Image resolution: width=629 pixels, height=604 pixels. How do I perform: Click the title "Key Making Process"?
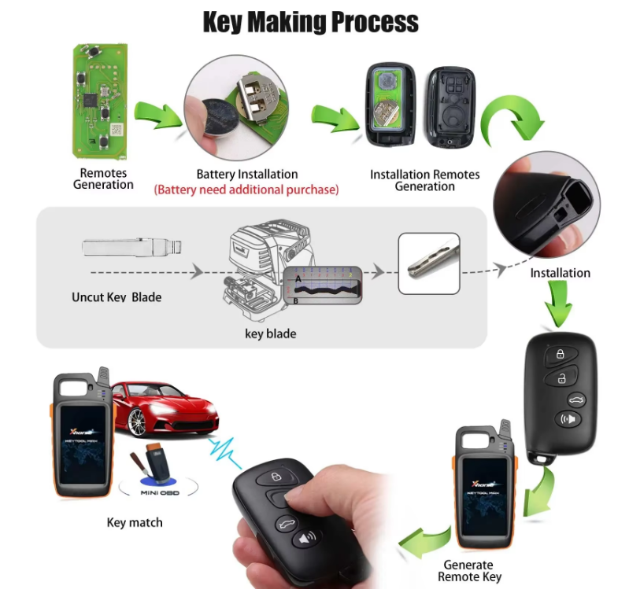point(310,21)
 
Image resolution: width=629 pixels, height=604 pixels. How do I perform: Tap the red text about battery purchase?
point(246,190)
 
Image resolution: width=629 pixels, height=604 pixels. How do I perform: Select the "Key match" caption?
point(135,522)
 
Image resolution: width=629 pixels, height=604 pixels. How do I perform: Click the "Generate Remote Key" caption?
point(468,571)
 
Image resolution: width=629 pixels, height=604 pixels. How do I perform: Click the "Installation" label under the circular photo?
point(560,273)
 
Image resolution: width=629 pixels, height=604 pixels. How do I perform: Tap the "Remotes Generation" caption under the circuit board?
point(103,179)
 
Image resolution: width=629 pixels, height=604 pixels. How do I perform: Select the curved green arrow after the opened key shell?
point(512,118)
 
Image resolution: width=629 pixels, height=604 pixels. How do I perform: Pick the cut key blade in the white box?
point(427,263)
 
